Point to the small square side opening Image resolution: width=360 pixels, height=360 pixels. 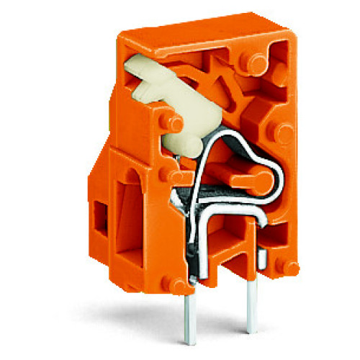click(100, 215)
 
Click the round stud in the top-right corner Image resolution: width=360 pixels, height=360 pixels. click(256, 60)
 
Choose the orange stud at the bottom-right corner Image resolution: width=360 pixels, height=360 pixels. click(289, 267)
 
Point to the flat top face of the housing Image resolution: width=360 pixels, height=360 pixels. click(194, 32)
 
